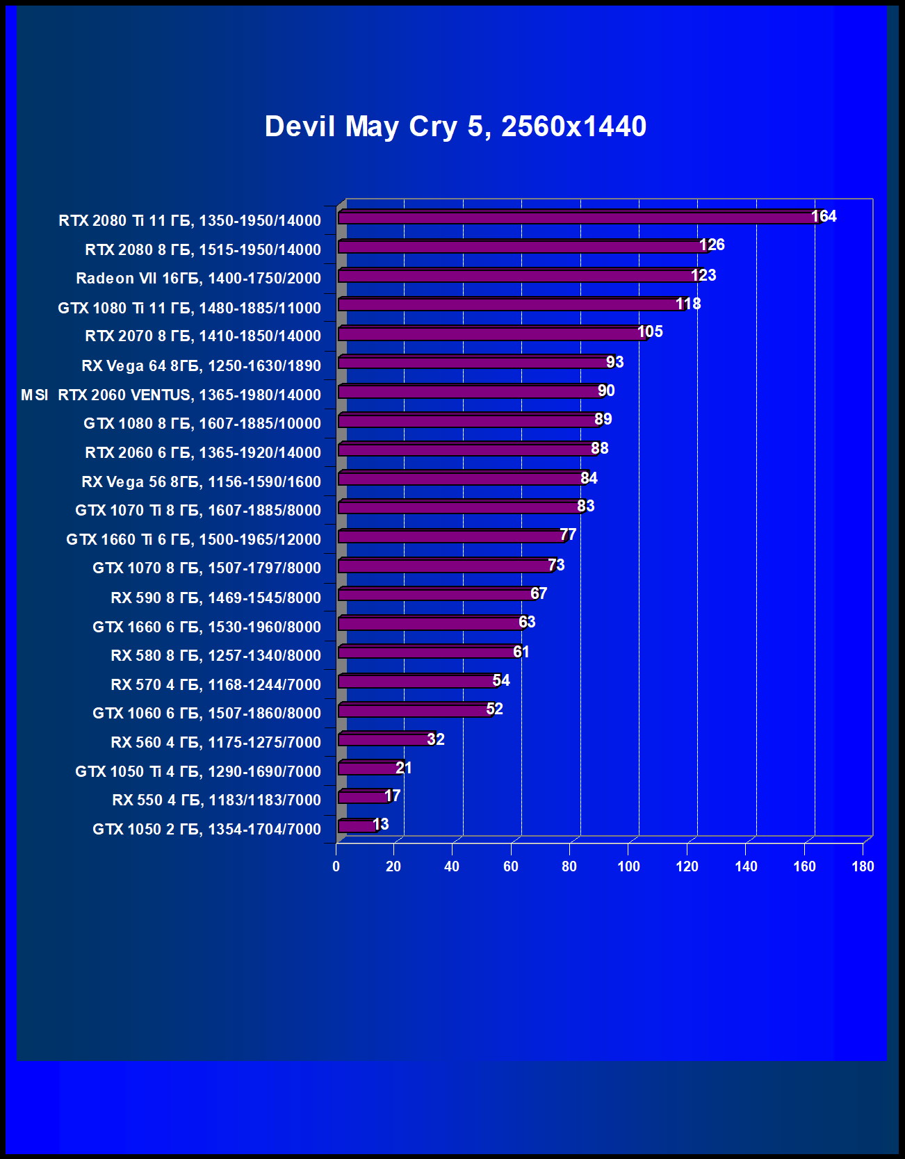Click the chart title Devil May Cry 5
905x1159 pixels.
tap(455, 126)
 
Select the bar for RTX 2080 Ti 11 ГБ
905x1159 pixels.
tap(577, 217)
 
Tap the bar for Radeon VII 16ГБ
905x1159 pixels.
tap(518, 276)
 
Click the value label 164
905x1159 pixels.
tap(824, 216)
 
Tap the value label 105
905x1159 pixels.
tap(650, 331)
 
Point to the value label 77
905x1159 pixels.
tap(568, 534)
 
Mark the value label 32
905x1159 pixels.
tap(436, 739)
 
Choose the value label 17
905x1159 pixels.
tap(393, 796)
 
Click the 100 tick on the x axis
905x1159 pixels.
tap(628, 866)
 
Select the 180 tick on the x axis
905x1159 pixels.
tap(863, 866)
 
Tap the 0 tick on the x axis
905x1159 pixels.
tap(336, 866)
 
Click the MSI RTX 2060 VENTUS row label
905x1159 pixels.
tap(171, 395)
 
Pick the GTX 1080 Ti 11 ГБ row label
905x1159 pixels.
tap(189, 308)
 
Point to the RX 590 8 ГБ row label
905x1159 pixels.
tap(215, 598)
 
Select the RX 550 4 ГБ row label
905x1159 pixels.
tap(216, 800)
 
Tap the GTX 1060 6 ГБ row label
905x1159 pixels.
tap(206, 713)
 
